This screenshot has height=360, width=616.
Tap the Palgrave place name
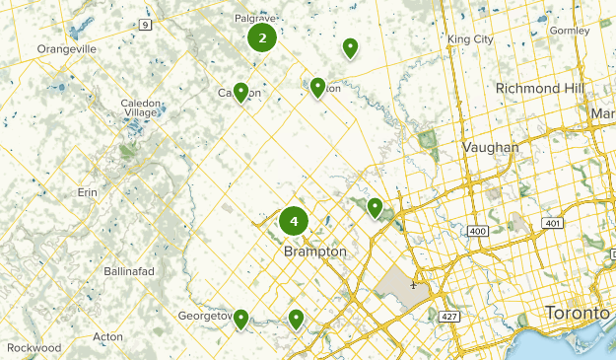(x=254, y=18)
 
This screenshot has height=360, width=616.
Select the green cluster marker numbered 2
(x=262, y=38)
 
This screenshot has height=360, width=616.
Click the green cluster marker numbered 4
(x=294, y=221)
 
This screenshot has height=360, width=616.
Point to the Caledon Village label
(x=147, y=108)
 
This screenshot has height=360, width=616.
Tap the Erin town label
(x=88, y=192)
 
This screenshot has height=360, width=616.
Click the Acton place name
(x=107, y=337)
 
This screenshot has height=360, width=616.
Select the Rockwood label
(x=33, y=348)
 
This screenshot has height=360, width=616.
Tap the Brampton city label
(x=315, y=252)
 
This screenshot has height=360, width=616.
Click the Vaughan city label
(x=490, y=147)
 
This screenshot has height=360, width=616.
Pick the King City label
(x=469, y=39)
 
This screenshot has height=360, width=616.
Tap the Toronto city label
(x=577, y=313)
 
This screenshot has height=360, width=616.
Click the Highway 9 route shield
(x=146, y=24)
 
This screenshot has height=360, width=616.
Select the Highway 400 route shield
(x=479, y=231)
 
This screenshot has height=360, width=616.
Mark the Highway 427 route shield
(x=448, y=316)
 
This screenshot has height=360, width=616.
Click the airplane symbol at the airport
(x=413, y=286)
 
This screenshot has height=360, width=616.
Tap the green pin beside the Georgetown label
(x=240, y=318)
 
